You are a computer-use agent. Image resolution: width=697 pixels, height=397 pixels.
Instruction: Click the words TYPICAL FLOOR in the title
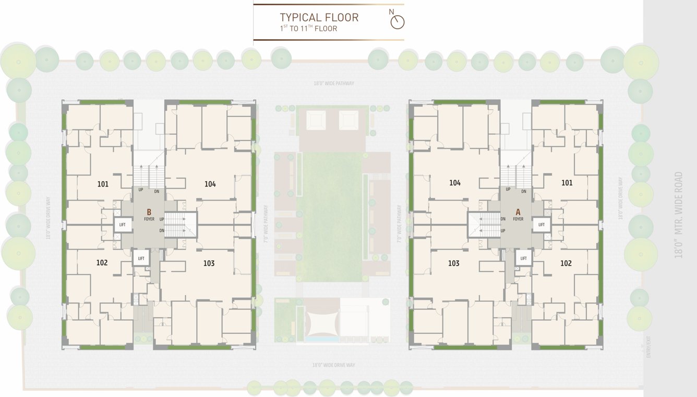[319, 17]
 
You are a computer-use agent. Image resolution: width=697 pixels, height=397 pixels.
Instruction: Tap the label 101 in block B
[103, 184]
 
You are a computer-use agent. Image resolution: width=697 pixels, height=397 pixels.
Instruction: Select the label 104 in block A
[455, 183]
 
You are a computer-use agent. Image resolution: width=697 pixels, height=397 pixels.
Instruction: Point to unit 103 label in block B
[209, 263]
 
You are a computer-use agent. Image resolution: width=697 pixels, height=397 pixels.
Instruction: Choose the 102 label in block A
[566, 263]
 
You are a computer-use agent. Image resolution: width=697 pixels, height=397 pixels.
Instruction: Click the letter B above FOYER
[149, 212]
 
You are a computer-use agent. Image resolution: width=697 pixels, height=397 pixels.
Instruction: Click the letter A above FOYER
[518, 212]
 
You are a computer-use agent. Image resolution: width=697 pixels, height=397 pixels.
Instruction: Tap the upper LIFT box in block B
[123, 225]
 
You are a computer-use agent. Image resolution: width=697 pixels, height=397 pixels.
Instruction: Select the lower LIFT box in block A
[523, 258]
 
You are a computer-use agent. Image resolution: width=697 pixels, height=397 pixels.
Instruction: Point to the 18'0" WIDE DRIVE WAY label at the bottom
[333, 365]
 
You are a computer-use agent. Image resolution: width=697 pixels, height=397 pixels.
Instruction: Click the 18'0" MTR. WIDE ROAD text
[678, 214]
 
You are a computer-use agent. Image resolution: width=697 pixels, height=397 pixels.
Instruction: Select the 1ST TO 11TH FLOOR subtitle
[308, 29]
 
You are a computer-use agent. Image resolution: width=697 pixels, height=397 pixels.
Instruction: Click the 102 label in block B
[102, 263]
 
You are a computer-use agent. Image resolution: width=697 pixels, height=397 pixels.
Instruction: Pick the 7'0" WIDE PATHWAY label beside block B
[266, 224]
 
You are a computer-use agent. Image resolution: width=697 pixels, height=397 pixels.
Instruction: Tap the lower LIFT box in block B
[141, 258]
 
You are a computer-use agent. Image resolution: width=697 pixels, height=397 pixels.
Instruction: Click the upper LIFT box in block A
[542, 225]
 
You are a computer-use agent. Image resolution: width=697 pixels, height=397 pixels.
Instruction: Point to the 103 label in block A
[454, 263]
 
